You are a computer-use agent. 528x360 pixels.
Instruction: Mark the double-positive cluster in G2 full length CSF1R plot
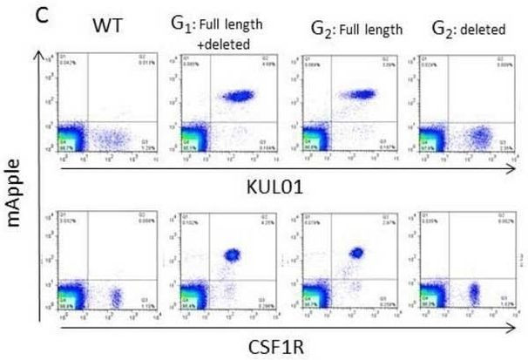tap(356, 253)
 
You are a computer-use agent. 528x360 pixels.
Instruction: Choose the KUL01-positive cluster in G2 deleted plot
tap(478, 138)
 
